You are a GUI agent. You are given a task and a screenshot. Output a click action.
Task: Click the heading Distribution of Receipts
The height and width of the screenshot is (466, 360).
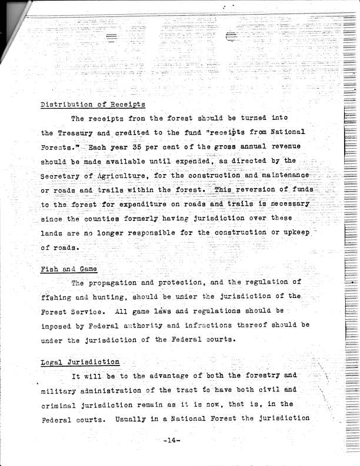click(93, 105)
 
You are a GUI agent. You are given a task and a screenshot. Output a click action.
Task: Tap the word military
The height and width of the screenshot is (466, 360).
click(61, 390)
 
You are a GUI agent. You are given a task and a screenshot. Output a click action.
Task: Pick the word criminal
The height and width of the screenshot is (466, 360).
click(61, 404)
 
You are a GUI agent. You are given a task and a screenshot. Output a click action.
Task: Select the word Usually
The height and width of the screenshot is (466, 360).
click(131, 418)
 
